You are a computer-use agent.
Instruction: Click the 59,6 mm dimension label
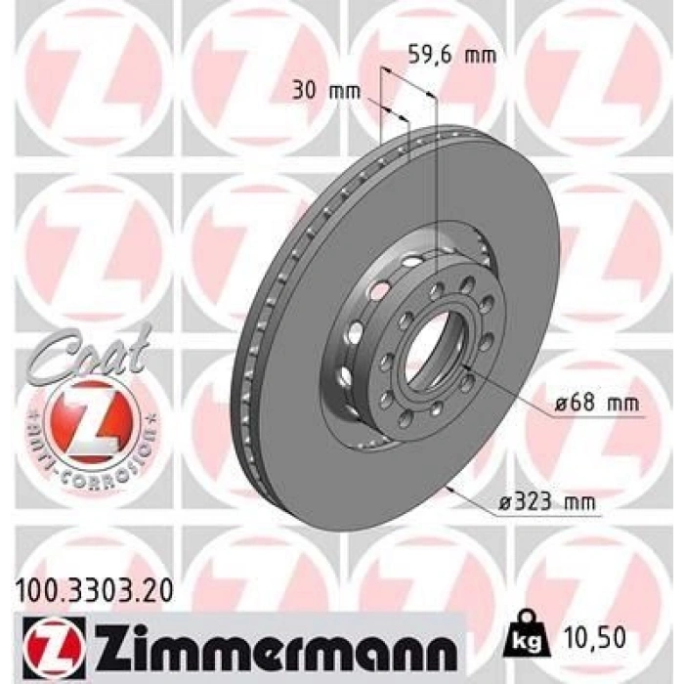[x=452, y=56]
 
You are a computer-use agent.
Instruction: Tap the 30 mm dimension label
[x=326, y=92]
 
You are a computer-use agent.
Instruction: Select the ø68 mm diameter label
[x=597, y=403]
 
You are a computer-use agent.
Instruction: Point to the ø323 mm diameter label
[x=547, y=503]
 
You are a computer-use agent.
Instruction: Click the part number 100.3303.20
[x=94, y=592]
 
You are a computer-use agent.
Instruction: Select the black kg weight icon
[x=527, y=639]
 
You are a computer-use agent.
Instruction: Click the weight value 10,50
[x=594, y=638]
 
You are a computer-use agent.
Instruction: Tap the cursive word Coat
[x=90, y=354]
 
